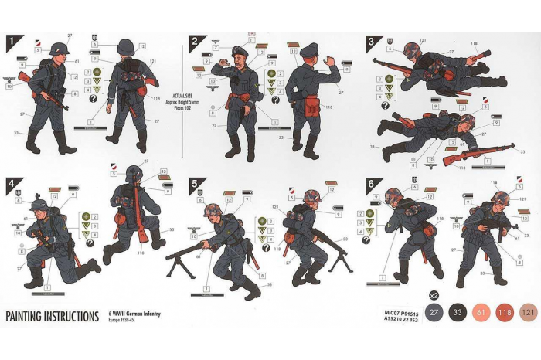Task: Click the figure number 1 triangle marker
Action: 14,42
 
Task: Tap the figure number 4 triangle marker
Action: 13,185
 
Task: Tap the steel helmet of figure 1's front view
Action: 59,49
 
